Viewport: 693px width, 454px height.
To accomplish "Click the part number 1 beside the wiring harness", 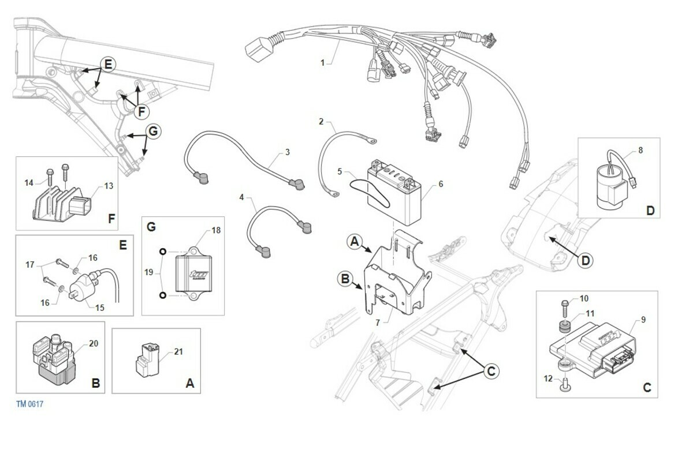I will click(322, 62).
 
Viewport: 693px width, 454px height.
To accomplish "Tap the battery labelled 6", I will click(396, 196).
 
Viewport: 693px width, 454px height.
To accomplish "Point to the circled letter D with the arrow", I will click(585, 260).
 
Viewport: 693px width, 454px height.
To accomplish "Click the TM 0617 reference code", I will click(29, 404).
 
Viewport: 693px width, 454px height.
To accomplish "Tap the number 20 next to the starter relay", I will click(94, 344).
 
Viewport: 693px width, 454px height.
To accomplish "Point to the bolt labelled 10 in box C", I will click(563, 304).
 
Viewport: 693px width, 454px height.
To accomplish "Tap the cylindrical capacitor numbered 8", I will click(610, 184).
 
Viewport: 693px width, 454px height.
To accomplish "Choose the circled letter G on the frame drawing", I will click(152, 132).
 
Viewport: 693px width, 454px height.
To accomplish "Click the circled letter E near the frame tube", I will click(109, 63).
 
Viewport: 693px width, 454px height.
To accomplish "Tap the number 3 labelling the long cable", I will click(287, 153).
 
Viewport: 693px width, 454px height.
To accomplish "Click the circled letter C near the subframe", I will click(490, 372).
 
